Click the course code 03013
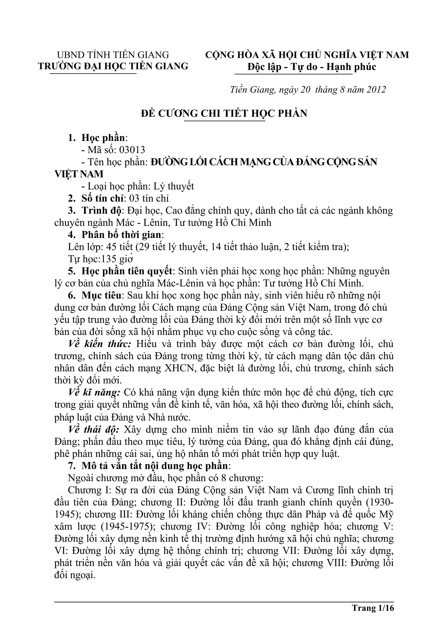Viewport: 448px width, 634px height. [x=132, y=150]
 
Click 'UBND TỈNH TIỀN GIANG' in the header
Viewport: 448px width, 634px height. [x=113, y=55]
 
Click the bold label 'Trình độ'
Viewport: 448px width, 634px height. [x=101, y=210]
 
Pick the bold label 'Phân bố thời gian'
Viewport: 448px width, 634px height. [x=121, y=235]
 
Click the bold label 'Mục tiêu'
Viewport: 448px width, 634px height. [x=101, y=296]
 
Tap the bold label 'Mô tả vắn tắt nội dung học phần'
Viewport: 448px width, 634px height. [x=155, y=466]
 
